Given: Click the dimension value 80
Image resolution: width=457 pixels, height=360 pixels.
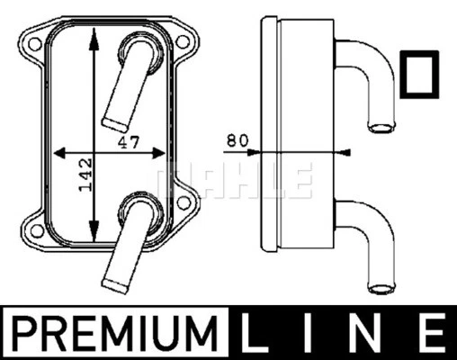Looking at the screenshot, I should click(x=237, y=142).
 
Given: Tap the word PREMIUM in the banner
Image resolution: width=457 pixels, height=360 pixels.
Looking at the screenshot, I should click(x=117, y=333).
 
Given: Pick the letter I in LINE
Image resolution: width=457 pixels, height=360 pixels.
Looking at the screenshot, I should click(x=313, y=333).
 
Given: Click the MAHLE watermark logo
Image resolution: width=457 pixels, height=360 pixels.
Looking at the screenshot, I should click(x=236, y=179).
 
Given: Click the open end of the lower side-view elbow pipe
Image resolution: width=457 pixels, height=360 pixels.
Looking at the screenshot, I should click(x=380, y=288).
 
